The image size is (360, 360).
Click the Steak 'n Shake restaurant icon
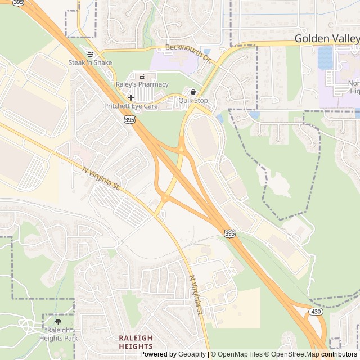[x=90, y=54]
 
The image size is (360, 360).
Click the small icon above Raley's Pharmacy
[x=141, y=76]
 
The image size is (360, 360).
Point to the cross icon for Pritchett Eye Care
[x=130, y=97]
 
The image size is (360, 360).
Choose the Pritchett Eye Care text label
[x=131, y=106]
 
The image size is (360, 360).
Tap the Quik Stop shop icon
[x=193, y=92]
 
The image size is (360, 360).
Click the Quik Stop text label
[x=193, y=101]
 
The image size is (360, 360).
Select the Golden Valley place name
[x=327, y=39]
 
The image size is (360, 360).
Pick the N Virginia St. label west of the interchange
[x=102, y=177]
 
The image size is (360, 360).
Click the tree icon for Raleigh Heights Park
[x=58, y=322]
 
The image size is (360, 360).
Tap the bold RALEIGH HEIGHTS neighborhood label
[x=136, y=342]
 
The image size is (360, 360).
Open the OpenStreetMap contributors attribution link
[x=319, y=354]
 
